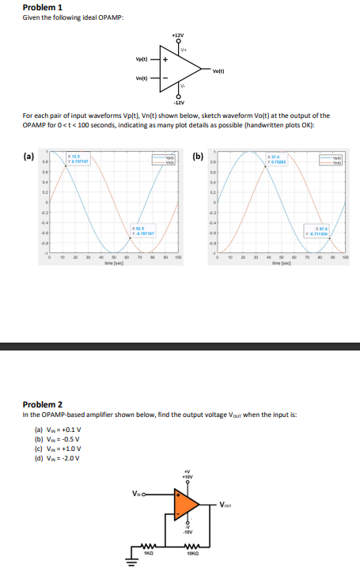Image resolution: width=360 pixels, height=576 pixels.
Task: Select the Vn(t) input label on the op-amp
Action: point(143,78)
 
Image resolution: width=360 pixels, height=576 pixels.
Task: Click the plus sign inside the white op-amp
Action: point(166,60)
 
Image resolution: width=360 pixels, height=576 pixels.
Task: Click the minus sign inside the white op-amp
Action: point(166,78)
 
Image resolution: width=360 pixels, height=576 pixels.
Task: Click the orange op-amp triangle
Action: point(185,506)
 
